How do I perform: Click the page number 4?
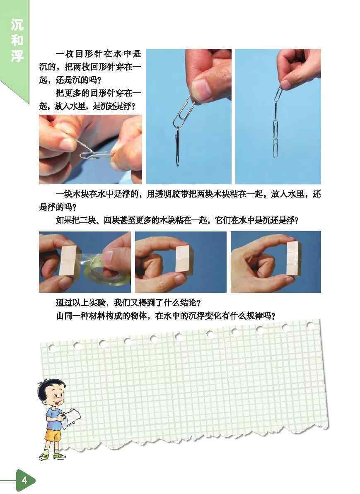click(24, 480)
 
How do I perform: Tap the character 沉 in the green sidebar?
click(17, 25)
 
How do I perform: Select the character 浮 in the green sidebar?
click(17, 55)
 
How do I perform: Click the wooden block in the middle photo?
click(182, 258)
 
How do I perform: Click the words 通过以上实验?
click(80, 303)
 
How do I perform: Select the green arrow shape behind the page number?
click(26, 481)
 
